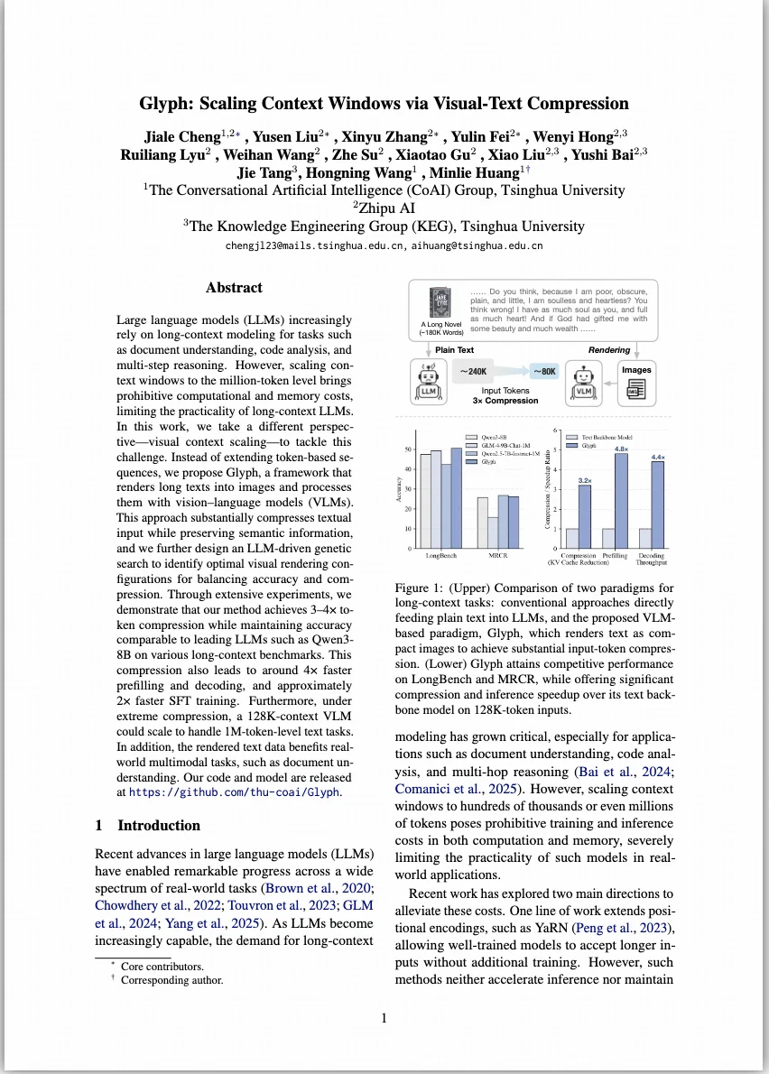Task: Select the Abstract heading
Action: [x=234, y=288]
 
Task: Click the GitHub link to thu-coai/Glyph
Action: [x=236, y=792]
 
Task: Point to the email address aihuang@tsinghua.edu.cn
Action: [x=477, y=245]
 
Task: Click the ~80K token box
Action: [x=544, y=371]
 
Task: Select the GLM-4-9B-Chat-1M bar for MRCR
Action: [x=493, y=532]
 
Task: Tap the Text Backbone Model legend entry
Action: [x=609, y=438]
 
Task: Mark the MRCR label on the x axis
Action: [x=498, y=555]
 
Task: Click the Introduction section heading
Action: [x=148, y=825]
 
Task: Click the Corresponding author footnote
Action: [x=171, y=979]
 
